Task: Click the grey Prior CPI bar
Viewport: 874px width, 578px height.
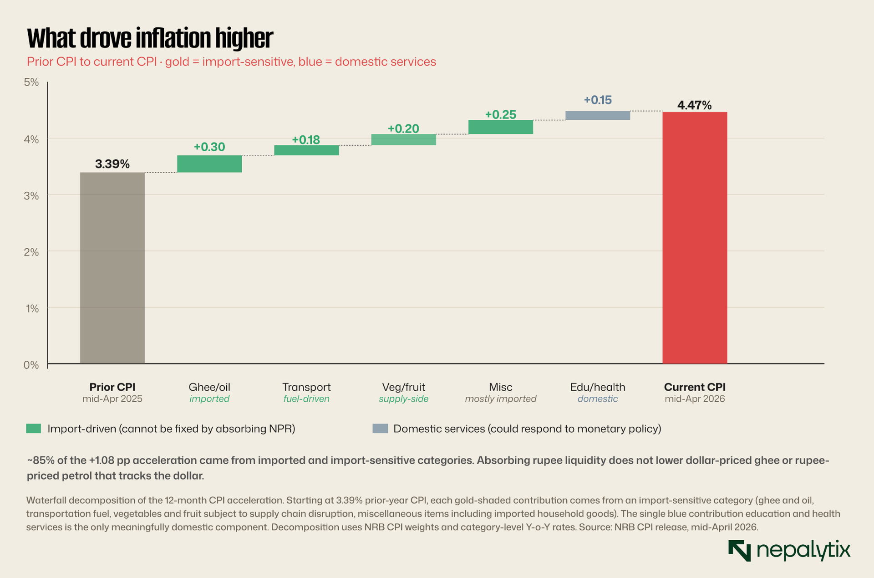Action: [x=112, y=268]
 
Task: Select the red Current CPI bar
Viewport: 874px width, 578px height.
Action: [x=695, y=238]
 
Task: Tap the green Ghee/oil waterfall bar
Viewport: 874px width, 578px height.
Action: [x=209, y=164]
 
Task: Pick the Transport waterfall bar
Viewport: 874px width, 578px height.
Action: [x=306, y=150]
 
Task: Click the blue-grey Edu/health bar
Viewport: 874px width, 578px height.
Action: [x=598, y=116]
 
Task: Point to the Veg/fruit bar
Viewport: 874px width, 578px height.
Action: [x=404, y=140]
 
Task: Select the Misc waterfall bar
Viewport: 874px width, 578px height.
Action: [x=501, y=127]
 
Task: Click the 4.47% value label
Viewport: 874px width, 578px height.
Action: [x=694, y=105]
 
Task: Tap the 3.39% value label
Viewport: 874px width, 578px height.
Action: [x=112, y=164]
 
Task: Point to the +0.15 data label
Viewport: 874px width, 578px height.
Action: [x=598, y=100]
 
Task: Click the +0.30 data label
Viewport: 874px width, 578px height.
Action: [x=209, y=147]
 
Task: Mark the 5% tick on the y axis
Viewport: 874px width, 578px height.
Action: [x=31, y=82]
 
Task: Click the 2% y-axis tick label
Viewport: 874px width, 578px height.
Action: [x=31, y=251]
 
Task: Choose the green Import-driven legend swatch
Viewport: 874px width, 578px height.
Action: [x=34, y=429]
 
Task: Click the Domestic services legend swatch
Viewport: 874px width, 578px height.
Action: [x=380, y=429]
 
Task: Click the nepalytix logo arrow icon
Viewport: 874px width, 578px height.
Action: [x=739, y=551]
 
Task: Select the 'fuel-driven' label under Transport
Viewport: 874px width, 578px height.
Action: [x=306, y=399]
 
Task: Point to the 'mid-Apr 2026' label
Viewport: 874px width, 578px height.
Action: [x=695, y=399]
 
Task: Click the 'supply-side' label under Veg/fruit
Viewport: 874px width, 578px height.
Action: [x=404, y=399]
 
